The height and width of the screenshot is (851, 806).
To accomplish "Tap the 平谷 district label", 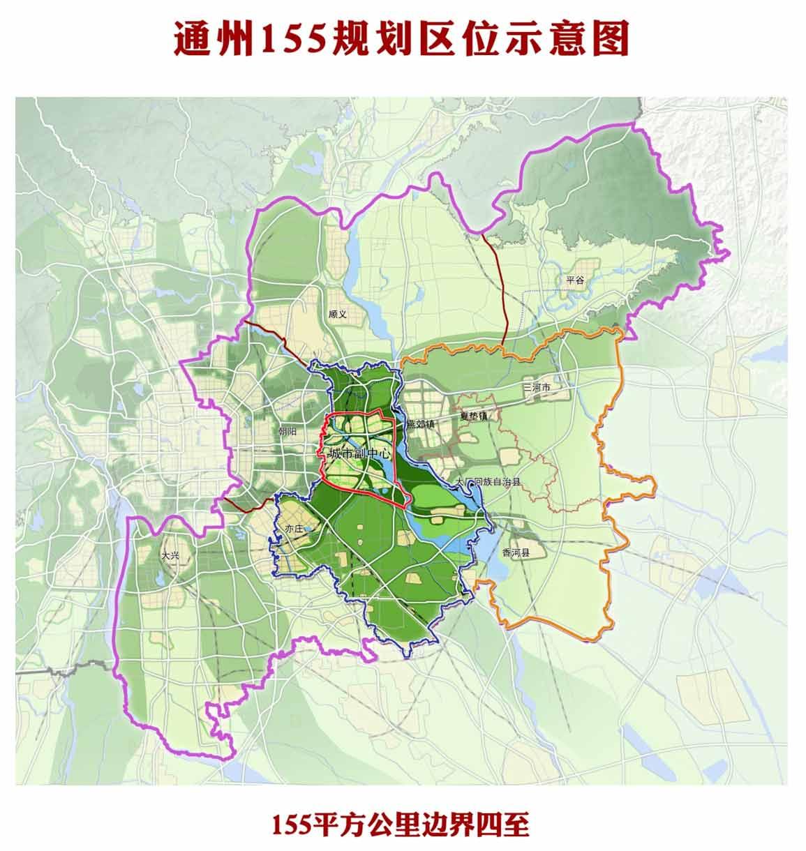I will pyautogui.click(x=574, y=280).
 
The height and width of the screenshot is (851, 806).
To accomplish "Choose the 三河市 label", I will pyautogui.click(x=537, y=386).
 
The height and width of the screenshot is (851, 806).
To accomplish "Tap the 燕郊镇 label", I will pyautogui.click(x=421, y=423).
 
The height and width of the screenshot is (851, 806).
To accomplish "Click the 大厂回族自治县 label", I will pyautogui.click(x=488, y=482).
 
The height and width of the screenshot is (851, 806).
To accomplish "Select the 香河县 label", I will pyautogui.click(x=516, y=552).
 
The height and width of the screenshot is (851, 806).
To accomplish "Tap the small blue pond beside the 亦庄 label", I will pyautogui.click(x=308, y=530).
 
